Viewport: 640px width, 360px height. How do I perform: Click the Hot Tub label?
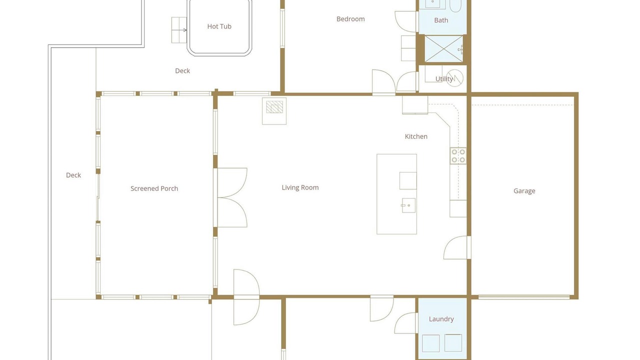coord(219,26)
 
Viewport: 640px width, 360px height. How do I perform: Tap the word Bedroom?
coord(350,19)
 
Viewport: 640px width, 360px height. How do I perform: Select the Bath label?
coord(441,20)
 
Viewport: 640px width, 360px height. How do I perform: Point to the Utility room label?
coord(444,79)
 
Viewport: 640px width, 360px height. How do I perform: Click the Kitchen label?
coord(416,136)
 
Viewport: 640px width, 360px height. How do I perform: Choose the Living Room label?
coord(300,187)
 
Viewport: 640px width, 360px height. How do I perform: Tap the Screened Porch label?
coord(154,188)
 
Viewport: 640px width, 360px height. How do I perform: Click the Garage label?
coord(524,191)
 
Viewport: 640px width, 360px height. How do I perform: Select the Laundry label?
coord(441,319)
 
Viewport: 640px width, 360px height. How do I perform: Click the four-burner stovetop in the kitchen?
coord(458,155)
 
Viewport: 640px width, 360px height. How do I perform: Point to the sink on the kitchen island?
coord(408,205)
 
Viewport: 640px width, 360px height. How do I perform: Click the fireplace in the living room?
coord(274,111)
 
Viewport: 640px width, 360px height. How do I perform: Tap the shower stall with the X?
coord(443,48)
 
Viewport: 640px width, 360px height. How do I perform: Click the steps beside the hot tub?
coord(179,30)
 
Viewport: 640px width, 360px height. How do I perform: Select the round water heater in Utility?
coord(454,78)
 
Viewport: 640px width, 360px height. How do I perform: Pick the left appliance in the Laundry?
coord(430,343)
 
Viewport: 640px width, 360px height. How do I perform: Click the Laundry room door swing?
coord(405,323)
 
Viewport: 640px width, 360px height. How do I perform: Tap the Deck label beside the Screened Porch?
coord(73,175)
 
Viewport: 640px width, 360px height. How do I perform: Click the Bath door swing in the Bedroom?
coord(406,21)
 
